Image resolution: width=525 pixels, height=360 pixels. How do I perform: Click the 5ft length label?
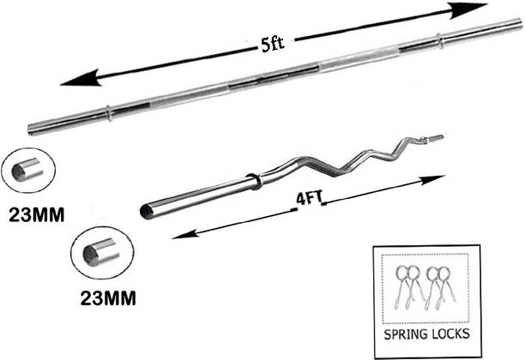pyautogui.click(x=274, y=46)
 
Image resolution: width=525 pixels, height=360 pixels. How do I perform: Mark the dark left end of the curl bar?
pyautogui.click(x=146, y=209)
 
